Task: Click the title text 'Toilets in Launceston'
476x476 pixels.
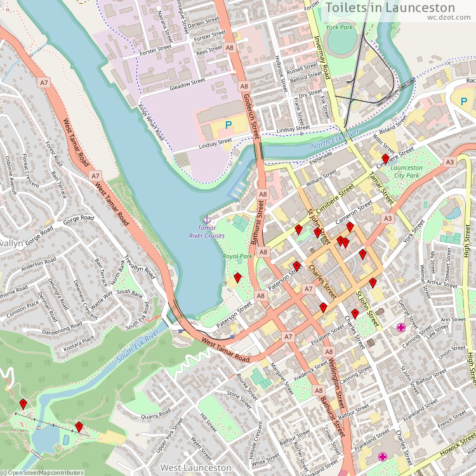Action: point(390,8)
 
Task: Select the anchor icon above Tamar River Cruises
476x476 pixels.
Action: point(206,219)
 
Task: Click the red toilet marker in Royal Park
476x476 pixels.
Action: point(237,277)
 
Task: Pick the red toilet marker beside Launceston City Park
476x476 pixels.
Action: point(385,159)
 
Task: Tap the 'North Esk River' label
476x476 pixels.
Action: point(334,141)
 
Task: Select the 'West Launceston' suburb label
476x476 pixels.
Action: point(195,468)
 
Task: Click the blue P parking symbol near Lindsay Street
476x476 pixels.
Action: point(228,126)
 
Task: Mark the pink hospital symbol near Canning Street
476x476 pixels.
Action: point(401,327)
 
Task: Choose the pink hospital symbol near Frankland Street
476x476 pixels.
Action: point(383,456)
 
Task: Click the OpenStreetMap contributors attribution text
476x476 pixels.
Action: point(42,472)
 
